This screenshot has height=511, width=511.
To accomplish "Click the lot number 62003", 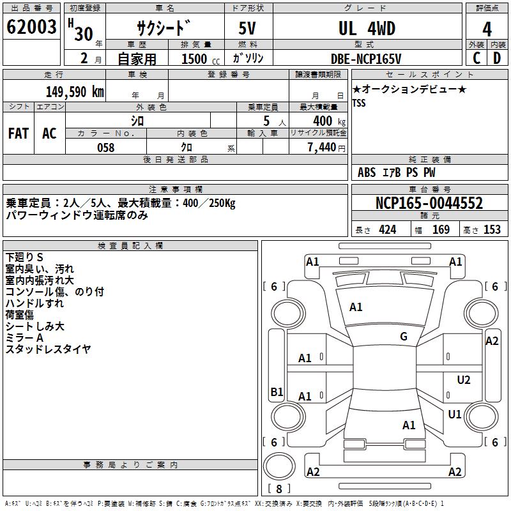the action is [x=31, y=27].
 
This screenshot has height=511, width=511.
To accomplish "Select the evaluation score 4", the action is [x=487, y=29].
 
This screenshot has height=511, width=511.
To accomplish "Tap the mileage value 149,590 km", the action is [x=75, y=91].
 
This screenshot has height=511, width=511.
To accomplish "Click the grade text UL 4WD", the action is [x=367, y=29].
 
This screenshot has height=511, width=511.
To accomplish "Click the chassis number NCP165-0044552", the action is [x=429, y=203].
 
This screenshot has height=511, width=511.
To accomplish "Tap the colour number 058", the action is [x=105, y=147].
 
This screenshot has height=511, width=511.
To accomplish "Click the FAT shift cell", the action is [x=19, y=133].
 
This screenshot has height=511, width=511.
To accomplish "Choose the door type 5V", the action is [x=248, y=29].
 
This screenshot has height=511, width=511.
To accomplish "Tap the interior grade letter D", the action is [x=497, y=58].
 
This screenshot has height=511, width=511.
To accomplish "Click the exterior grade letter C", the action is [x=477, y=58].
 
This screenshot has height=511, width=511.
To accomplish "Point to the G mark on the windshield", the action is [x=404, y=337].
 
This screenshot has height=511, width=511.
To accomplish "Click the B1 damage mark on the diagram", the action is [x=277, y=392].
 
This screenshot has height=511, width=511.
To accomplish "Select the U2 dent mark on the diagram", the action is [x=464, y=380].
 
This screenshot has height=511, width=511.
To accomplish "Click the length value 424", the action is [x=387, y=229].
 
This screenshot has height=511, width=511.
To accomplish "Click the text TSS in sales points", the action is [x=359, y=103].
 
